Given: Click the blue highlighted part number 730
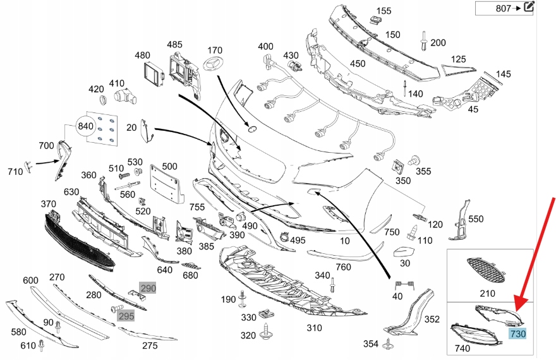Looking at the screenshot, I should point(518,333).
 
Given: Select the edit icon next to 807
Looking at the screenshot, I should point(529,8).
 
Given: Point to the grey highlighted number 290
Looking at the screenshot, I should point(147,289).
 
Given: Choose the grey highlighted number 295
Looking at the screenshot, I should point(126,315).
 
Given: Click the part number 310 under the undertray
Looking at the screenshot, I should point(314,328).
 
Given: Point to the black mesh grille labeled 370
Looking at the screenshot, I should point(79,243).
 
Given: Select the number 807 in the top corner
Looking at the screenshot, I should point(504,8).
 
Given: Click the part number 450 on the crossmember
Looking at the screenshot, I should point(358,63).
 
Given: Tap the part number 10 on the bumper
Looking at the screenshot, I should point(345,241).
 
